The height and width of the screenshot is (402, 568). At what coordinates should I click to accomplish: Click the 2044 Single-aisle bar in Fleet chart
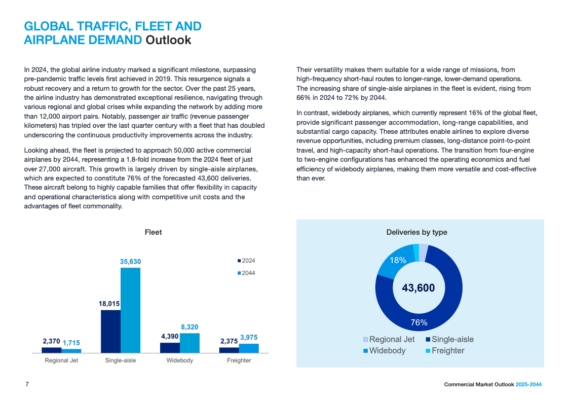[130, 310]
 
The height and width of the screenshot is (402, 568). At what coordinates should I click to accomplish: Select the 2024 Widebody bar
[170, 348]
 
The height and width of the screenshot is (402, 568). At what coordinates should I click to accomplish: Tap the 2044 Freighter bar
[249, 348]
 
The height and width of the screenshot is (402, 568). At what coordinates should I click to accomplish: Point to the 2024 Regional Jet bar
[51, 350]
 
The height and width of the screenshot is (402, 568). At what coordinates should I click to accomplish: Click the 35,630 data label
[130, 262]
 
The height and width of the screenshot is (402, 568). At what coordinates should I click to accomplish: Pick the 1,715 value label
[71, 343]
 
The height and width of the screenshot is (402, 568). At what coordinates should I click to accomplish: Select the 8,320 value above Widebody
[190, 327]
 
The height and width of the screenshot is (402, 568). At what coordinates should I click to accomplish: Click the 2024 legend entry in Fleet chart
[247, 261]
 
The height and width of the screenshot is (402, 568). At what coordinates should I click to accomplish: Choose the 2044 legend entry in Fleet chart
[247, 273]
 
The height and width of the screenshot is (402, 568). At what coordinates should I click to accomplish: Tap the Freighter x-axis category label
[239, 360]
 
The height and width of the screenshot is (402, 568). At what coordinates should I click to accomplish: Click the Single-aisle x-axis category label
[121, 360]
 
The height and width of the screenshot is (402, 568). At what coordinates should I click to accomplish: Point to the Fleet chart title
[153, 232]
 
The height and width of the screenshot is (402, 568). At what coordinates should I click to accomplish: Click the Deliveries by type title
[416, 232]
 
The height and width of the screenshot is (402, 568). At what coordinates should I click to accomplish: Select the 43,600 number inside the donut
[418, 288]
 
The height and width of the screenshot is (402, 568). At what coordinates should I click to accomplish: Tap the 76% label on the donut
[419, 322]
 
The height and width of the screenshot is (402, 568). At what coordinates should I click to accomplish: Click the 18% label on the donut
[398, 260]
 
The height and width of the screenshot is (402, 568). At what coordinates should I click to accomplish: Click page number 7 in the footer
[27, 384]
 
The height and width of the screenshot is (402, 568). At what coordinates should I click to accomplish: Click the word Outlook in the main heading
[168, 40]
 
